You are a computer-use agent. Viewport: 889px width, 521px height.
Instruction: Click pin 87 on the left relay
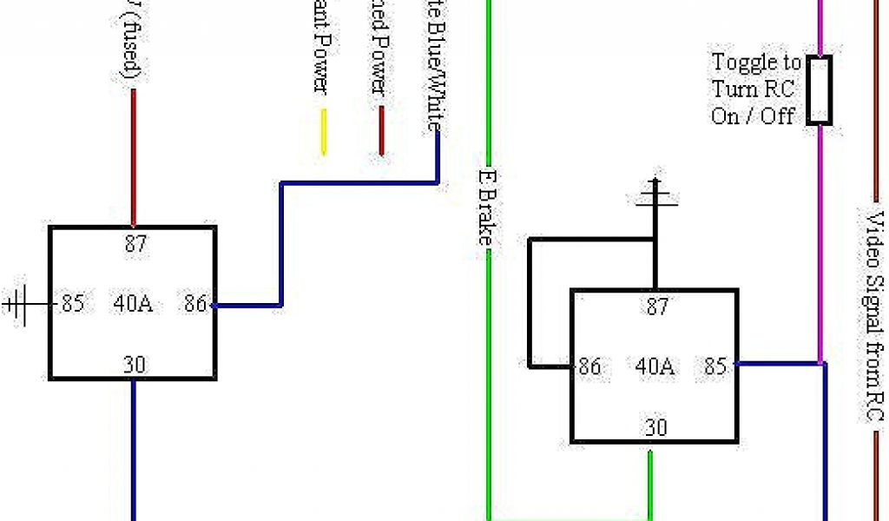coord(135,244)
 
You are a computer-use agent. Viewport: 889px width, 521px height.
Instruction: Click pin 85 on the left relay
coord(73,304)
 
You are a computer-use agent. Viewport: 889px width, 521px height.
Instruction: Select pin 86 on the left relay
coord(194,304)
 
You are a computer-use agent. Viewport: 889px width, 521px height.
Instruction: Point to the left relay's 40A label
coord(133,304)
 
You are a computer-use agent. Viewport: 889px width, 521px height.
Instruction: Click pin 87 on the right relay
coord(655,307)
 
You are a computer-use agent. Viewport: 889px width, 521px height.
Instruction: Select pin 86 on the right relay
coord(589,366)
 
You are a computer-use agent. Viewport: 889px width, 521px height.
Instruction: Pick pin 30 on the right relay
coord(655,427)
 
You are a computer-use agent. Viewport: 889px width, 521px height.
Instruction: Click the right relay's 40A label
coord(655,366)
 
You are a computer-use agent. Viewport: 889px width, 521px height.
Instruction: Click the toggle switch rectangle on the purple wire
coord(820,89)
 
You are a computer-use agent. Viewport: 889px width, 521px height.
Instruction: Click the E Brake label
coord(487,206)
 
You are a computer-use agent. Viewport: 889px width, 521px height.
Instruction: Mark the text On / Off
coord(753,115)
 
